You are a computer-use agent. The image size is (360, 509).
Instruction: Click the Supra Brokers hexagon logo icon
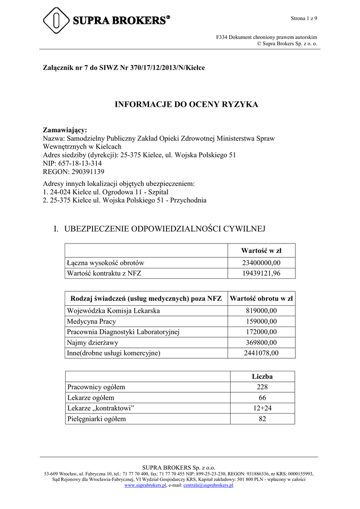57,20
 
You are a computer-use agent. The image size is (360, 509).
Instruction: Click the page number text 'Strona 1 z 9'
304,18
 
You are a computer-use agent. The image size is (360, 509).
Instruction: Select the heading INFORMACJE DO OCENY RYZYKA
186,104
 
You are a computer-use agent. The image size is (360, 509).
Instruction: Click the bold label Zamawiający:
65,130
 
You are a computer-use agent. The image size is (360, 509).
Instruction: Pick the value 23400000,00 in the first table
261,262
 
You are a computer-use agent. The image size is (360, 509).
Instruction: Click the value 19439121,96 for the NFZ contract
261,273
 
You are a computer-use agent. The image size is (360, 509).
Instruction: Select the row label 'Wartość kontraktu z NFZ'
104,273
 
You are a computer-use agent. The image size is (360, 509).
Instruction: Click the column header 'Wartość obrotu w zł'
261,298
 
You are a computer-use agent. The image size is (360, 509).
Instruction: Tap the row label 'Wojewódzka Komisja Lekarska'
114,311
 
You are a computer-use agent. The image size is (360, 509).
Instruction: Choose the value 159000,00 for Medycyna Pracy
261,322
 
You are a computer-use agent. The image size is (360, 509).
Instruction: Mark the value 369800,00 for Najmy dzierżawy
261,342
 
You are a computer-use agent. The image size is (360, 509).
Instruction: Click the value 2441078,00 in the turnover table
261,353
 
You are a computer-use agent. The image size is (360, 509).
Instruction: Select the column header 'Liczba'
262,377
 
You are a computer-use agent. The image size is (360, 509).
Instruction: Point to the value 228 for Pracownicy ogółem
262,387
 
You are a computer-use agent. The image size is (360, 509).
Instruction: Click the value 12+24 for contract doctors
262,408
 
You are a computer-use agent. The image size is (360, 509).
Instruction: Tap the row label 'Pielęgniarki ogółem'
96,419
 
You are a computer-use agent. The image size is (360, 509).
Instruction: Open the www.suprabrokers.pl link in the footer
145,486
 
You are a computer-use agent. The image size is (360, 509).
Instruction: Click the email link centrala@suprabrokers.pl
208,486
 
